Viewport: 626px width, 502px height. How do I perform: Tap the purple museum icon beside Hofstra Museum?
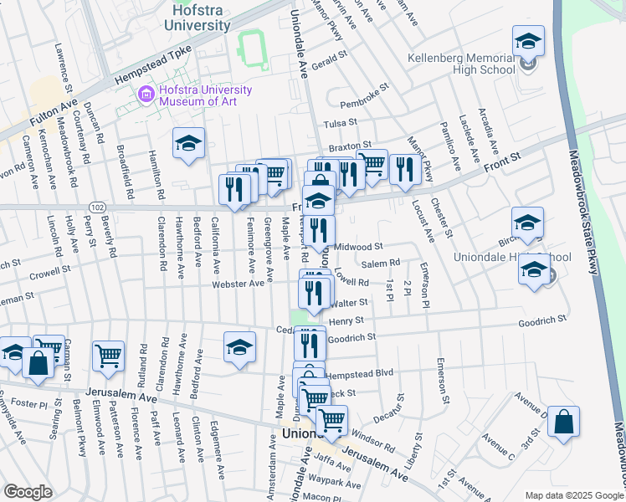tap(146, 95)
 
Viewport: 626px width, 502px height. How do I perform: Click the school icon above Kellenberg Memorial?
tap(528, 40)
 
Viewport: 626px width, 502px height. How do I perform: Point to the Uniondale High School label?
tap(512, 257)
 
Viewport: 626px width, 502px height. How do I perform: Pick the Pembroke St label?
tap(365, 95)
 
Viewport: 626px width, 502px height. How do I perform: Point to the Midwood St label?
tap(357, 247)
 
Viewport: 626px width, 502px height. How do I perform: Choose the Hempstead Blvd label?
tap(359, 373)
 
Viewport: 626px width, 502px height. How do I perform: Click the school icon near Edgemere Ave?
tap(239, 348)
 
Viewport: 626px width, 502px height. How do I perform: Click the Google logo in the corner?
tap(27, 492)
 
